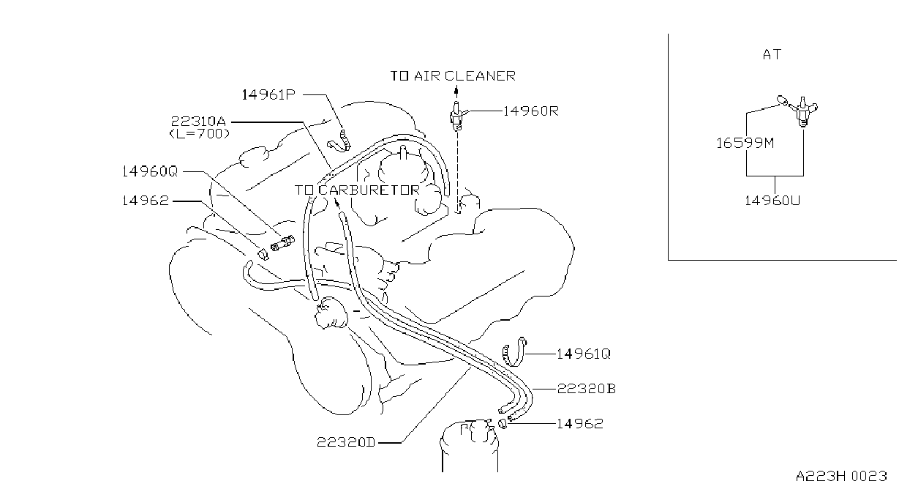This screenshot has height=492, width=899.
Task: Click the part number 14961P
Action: click(x=268, y=94)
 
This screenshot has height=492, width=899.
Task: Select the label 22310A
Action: click(x=198, y=121)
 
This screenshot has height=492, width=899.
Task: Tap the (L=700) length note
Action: click(x=200, y=134)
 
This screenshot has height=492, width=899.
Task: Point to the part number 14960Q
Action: click(x=149, y=171)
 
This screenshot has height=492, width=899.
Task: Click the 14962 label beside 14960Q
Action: click(x=146, y=201)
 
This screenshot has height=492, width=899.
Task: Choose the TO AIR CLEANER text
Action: click(x=453, y=76)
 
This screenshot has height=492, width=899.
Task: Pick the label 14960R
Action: click(x=530, y=111)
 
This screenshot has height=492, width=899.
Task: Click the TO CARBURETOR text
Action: click(x=357, y=190)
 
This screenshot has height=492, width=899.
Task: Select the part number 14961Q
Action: click(x=584, y=354)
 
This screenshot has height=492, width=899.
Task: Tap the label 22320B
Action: click(x=587, y=389)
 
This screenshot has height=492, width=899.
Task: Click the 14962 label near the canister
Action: click(x=580, y=424)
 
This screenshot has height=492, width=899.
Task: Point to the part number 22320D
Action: click(x=346, y=442)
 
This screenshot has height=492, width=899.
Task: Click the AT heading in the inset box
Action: click(x=772, y=54)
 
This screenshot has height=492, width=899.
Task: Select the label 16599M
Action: click(x=745, y=143)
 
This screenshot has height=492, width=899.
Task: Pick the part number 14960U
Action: click(x=772, y=201)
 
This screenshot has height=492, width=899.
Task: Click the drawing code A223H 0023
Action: click(x=841, y=476)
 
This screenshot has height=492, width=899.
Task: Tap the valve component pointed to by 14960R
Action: click(x=456, y=116)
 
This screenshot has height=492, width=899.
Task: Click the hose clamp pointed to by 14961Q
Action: click(x=514, y=352)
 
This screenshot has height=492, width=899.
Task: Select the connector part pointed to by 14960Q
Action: click(x=282, y=244)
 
